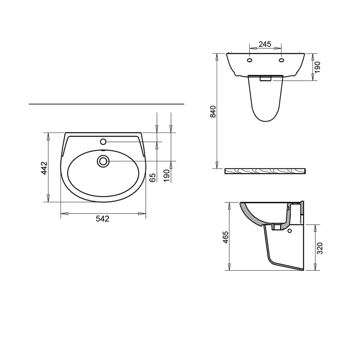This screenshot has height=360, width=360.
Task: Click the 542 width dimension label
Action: point(103,219)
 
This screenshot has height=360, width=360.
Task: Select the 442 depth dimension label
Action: point(44,168)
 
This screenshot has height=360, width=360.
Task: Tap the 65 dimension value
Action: point(153,177)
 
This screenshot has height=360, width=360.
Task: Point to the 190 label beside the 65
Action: point(166,176)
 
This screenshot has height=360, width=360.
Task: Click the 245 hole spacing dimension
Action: point(265,44)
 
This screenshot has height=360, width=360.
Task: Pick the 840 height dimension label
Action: point(213,112)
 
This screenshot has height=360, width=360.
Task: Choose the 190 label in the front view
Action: point(317,67)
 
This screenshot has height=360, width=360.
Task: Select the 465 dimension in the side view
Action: point(225,238)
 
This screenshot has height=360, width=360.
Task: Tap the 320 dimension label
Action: point(320,248)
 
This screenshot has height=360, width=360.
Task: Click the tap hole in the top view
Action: point(103,142)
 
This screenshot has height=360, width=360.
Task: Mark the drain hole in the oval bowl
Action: point(103,161)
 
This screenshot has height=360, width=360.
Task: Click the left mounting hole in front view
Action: point(249,60)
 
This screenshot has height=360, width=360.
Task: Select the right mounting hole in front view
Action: point(282,60)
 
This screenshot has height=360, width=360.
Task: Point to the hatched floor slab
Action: point(265,171)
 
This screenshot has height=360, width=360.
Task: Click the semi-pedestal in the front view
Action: point(266,101)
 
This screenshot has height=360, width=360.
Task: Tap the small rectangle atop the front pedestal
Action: point(266,79)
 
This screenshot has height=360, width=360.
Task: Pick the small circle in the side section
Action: point(290,231)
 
